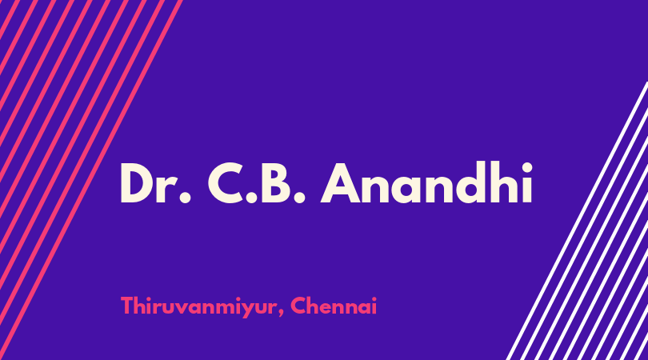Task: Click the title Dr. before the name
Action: point(155,183)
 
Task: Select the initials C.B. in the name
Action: point(256,183)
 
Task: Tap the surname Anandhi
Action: point(427,182)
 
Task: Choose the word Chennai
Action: point(334,306)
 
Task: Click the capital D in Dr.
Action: point(138,183)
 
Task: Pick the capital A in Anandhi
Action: point(342,183)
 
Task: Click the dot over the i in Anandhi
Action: point(526,167)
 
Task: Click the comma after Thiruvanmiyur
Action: point(281,313)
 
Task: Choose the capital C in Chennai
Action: point(298,306)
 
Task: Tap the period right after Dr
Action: point(186,198)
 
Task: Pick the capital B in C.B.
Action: point(277,183)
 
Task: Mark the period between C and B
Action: point(251,198)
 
